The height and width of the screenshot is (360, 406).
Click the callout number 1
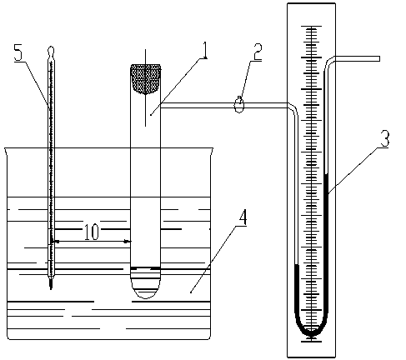[x=204, y=50]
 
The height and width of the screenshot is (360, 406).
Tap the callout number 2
[x=257, y=52]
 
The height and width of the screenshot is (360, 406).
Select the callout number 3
[x=385, y=139]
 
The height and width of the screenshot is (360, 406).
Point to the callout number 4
[x=243, y=217]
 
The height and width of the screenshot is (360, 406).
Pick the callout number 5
[x=18, y=52]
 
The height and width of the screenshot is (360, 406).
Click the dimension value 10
[x=92, y=232]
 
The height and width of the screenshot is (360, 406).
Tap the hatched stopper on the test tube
[x=146, y=79]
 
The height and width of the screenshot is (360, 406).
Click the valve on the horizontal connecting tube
[x=239, y=105]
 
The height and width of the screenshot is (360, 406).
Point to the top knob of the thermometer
[x=51, y=51]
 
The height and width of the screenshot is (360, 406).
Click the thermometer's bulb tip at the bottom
[x=51, y=284]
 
